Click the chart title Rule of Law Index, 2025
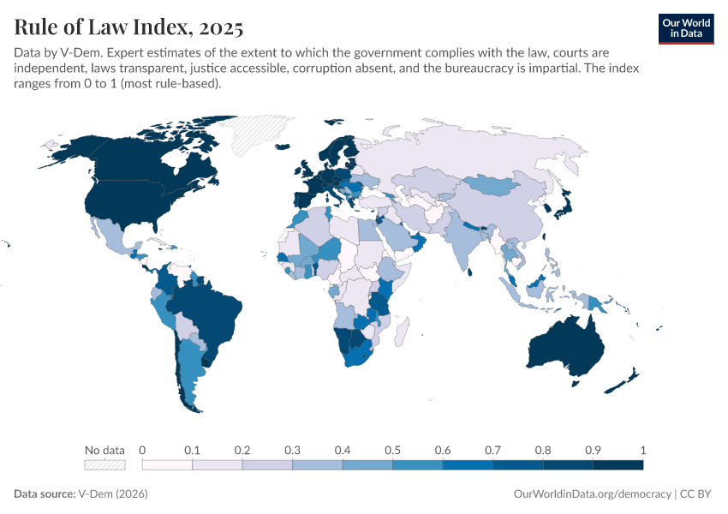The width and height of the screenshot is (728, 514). tap(128, 27)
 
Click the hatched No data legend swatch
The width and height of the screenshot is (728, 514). tap(104, 464)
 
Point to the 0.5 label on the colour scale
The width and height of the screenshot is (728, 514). tap(392, 450)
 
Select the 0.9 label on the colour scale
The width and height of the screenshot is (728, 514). tap(593, 450)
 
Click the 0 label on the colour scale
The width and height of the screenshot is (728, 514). tap(142, 450)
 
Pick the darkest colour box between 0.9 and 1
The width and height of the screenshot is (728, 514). tap(618, 464)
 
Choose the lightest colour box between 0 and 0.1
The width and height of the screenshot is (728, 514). tap(167, 464)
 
